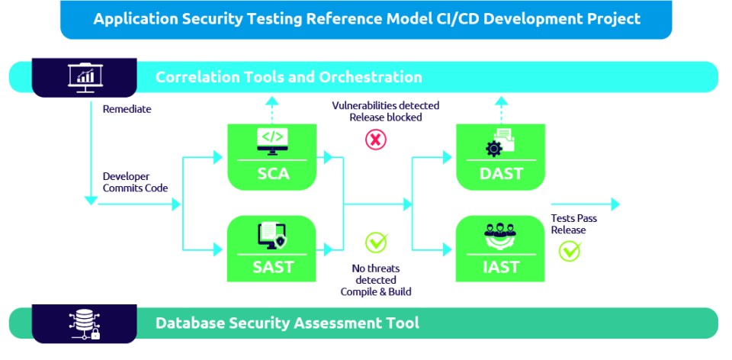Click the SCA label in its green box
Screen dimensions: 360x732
click(272, 174)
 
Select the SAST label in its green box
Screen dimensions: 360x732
click(272, 267)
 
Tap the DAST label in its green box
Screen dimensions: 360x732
click(501, 174)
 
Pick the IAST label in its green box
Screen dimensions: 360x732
click(501, 267)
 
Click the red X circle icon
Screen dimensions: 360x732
click(376, 140)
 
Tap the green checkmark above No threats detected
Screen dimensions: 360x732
click(376, 243)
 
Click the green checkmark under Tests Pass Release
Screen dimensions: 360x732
click(570, 250)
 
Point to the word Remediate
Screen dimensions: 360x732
click(127, 109)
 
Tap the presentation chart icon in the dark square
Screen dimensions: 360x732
click(85, 76)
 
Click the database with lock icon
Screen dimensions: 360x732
click(85, 323)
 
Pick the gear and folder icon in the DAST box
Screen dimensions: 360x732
click(501, 143)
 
